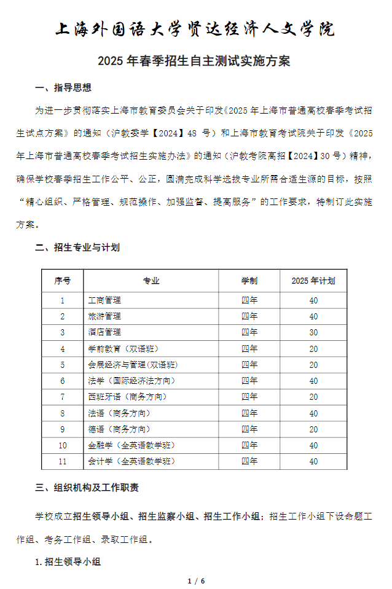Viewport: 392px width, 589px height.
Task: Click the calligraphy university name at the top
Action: pyautogui.click(x=195, y=29)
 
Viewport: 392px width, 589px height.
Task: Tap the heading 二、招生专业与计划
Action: pyautogui.click(x=77, y=248)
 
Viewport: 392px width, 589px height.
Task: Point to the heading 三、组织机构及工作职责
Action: pyautogui.click(x=87, y=488)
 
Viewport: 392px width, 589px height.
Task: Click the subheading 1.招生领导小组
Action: pyautogui.click(x=68, y=561)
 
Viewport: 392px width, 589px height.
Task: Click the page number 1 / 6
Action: pyautogui.click(x=195, y=580)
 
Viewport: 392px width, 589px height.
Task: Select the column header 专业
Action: pyautogui.click(x=151, y=281)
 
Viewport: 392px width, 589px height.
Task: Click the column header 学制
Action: pyautogui.click(x=249, y=281)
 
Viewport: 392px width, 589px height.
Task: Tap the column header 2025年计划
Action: pyautogui.click(x=313, y=281)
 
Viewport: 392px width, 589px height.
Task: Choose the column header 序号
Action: pyautogui.click(x=63, y=281)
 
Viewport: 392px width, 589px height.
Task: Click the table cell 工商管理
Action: pyautogui.click(x=105, y=300)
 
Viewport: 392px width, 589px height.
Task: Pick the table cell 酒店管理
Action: pyautogui.click(x=105, y=332)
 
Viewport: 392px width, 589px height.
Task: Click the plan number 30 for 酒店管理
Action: pyautogui.click(x=313, y=332)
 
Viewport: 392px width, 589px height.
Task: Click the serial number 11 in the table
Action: pyautogui.click(x=63, y=461)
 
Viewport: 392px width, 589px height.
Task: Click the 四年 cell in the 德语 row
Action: pyautogui.click(x=249, y=429)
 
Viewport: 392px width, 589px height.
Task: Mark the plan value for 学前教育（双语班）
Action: pyautogui.click(x=313, y=349)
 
